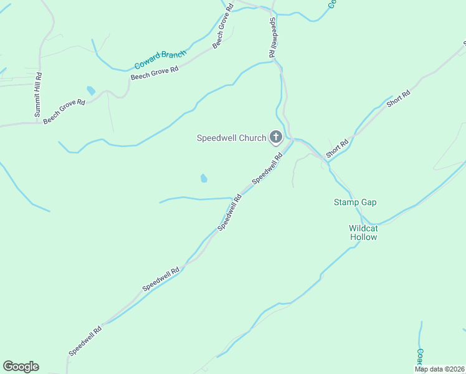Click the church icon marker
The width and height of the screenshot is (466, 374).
pos(275,138)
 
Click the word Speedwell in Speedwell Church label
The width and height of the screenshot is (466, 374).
pos(218,138)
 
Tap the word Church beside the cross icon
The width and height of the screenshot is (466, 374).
pos(253,138)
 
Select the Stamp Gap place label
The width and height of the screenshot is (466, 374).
pos(355,203)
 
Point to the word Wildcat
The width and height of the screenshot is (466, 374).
pos(363,228)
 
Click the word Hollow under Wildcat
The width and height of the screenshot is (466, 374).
pos(363,237)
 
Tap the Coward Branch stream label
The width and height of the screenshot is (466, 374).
pos(160,60)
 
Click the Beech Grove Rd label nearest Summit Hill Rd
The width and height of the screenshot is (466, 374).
pos(64,110)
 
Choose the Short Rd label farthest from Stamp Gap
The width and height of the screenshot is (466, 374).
pos(398,99)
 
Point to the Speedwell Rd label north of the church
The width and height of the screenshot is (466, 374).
pos(272,38)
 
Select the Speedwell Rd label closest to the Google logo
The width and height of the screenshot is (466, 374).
pos(85,342)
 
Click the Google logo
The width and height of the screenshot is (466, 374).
pos(21,367)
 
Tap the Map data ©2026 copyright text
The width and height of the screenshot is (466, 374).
pos(439,369)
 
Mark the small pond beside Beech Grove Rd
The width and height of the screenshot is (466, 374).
pos(92,91)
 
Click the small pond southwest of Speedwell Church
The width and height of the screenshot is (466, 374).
pos(204,179)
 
